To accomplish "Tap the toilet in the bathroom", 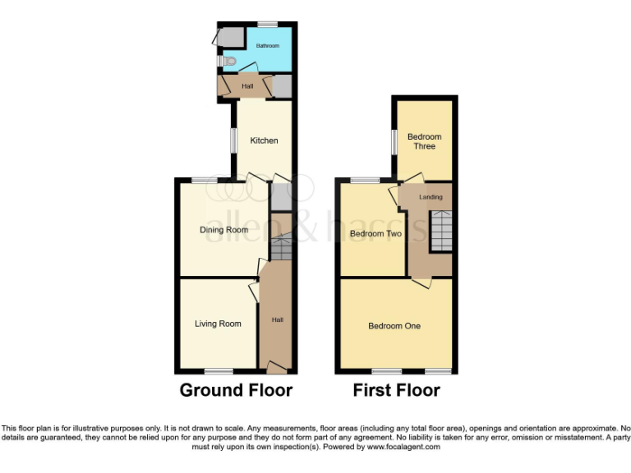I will pos(229,62).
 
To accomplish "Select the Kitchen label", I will pos(264,140).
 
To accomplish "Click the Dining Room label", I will pos(224,230).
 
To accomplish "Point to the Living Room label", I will pos(218,324).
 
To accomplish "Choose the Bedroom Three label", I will pos(424,141).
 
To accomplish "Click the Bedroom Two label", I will pos(375,234).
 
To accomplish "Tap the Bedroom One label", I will pos(394,326).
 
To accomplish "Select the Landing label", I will pos(431,197).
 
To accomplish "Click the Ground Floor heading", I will pos(236,390).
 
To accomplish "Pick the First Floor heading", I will pos(397,390).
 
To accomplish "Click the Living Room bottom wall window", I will pos(218,370).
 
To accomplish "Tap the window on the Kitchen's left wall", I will pos(233,140).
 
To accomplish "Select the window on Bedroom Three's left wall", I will pos(394,141).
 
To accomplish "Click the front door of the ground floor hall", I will pos(277,367).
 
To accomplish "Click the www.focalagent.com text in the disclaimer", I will pos(403,448).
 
